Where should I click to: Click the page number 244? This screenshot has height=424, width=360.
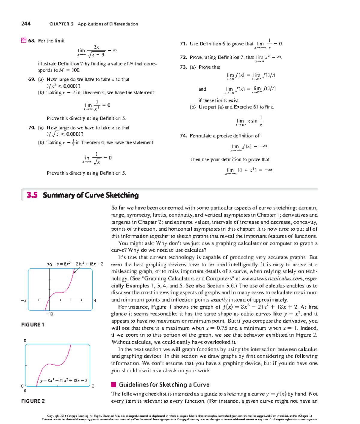click(26, 24)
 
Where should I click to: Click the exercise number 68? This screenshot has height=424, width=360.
click(32, 41)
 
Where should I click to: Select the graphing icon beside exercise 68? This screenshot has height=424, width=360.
click(23, 41)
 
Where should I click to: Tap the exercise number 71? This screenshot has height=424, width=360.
click(183, 44)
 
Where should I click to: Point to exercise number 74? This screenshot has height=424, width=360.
click(183, 136)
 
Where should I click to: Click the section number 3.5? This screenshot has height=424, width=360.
click(32, 195)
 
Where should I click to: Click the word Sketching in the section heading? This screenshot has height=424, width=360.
click(122, 195)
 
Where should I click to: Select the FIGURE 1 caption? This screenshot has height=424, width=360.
click(33, 325)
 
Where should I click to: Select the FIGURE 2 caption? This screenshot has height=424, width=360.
click(33, 401)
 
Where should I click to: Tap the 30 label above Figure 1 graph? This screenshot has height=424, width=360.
click(49, 265)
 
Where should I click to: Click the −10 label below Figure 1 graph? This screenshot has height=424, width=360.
click(49, 314)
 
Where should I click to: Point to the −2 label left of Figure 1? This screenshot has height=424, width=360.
click(24, 300)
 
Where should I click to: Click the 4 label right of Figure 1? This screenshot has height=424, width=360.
click(95, 300)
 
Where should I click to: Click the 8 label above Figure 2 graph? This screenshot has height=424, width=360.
click(25, 341)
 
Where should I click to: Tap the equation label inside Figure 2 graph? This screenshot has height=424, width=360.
click(64, 380)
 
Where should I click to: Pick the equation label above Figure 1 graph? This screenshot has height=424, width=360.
click(80, 264)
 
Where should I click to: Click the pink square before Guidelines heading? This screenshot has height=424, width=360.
click(113, 385)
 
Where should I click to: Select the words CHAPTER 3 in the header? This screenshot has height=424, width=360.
click(61, 24)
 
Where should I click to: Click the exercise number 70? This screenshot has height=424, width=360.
click(32, 128)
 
